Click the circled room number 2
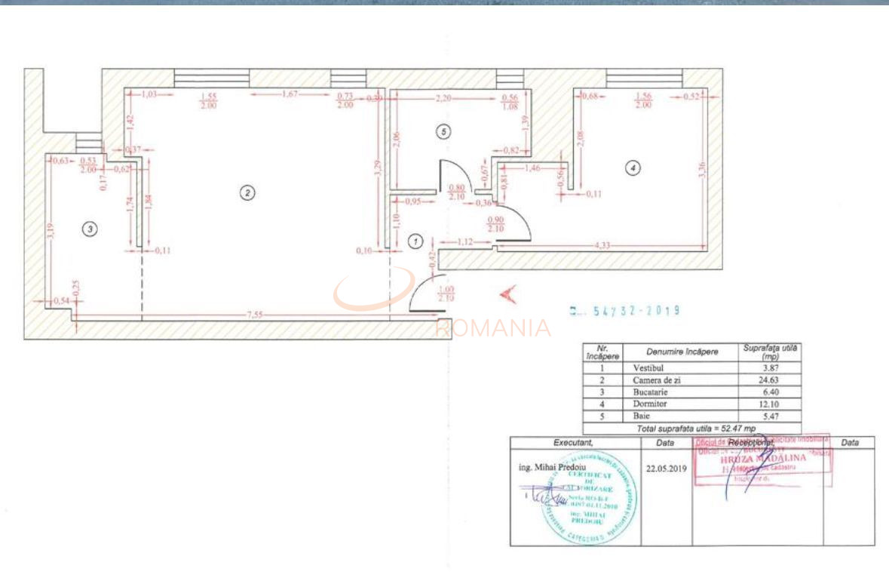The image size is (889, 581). (247, 192)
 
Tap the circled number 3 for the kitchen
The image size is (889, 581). (90, 228)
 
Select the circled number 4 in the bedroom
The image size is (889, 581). (633, 168)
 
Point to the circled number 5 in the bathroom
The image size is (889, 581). (443, 132)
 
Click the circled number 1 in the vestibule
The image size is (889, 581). (415, 241)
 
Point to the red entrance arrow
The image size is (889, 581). (507, 294)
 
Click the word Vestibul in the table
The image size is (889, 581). (649, 368)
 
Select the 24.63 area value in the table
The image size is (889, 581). (769, 380)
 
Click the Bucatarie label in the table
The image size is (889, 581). (652, 393)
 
